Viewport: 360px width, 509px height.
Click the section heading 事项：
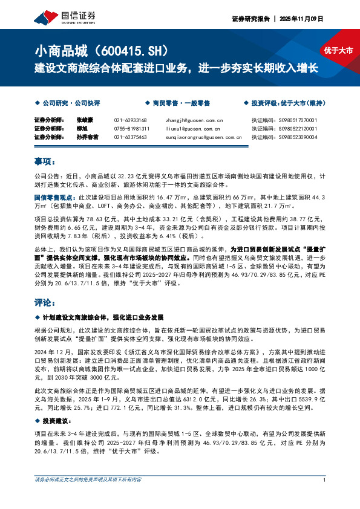(x=45, y=161)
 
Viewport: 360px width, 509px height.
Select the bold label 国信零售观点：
(x=53, y=197)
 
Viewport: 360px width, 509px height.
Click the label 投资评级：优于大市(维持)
(x=287, y=103)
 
